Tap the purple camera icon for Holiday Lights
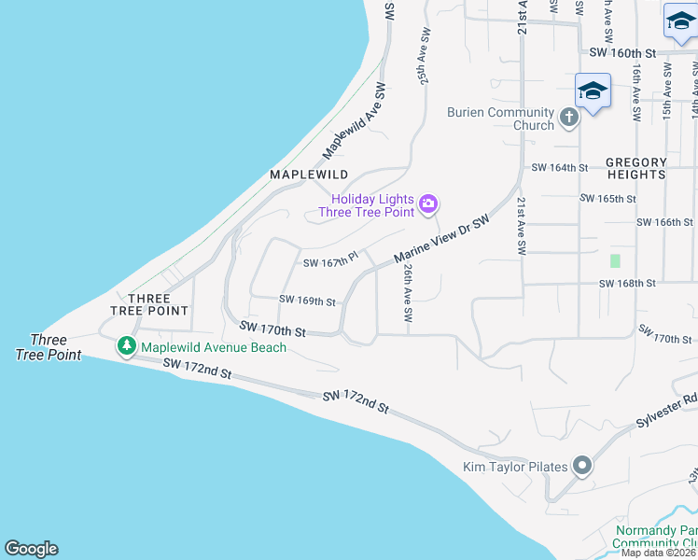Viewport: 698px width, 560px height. pyautogui.click(x=428, y=203)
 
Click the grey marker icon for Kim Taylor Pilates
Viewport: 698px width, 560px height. pyautogui.click(x=582, y=466)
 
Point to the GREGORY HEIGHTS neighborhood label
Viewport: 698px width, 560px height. pyautogui.click(x=636, y=168)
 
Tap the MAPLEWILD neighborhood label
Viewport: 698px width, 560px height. pyautogui.click(x=309, y=175)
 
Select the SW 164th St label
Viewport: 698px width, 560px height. pyautogui.click(x=560, y=168)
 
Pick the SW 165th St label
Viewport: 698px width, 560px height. pyautogui.click(x=607, y=199)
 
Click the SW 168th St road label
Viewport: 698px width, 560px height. pyautogui.click(x=627, y=283)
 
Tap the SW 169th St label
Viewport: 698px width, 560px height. pyautogui.click(x=307, y=301)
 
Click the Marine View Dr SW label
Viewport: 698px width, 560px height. pyautogui.click(x=441, y=240)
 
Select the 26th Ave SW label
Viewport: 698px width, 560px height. pyautogui.click(x=408, y=292)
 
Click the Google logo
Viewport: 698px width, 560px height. pyautogui.click(x=31, y=549)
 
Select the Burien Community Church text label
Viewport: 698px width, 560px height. pyautogui.click(x=501, y=119)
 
